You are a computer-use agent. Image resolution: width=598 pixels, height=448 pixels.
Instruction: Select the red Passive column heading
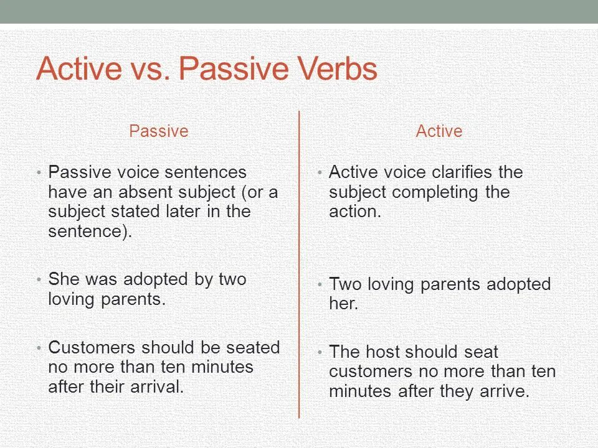[159, 131]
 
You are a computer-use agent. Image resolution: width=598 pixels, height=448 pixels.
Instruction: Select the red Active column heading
[439, 131]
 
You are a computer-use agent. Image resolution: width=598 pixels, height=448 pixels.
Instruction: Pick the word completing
[435, 193]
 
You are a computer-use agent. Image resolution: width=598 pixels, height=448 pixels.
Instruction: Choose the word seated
[253, 347]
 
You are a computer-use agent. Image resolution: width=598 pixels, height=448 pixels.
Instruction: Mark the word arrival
[157, 386]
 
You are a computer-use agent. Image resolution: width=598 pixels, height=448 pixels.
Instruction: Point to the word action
[355, 212]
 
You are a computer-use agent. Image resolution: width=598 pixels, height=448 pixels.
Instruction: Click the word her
[344, 304]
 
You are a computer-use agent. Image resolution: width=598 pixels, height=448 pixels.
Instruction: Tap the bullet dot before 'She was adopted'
[39, 280]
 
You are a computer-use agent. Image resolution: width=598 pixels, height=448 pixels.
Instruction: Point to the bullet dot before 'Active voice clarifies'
[320, 173]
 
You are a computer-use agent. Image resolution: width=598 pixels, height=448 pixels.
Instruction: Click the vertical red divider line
[299, 264]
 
